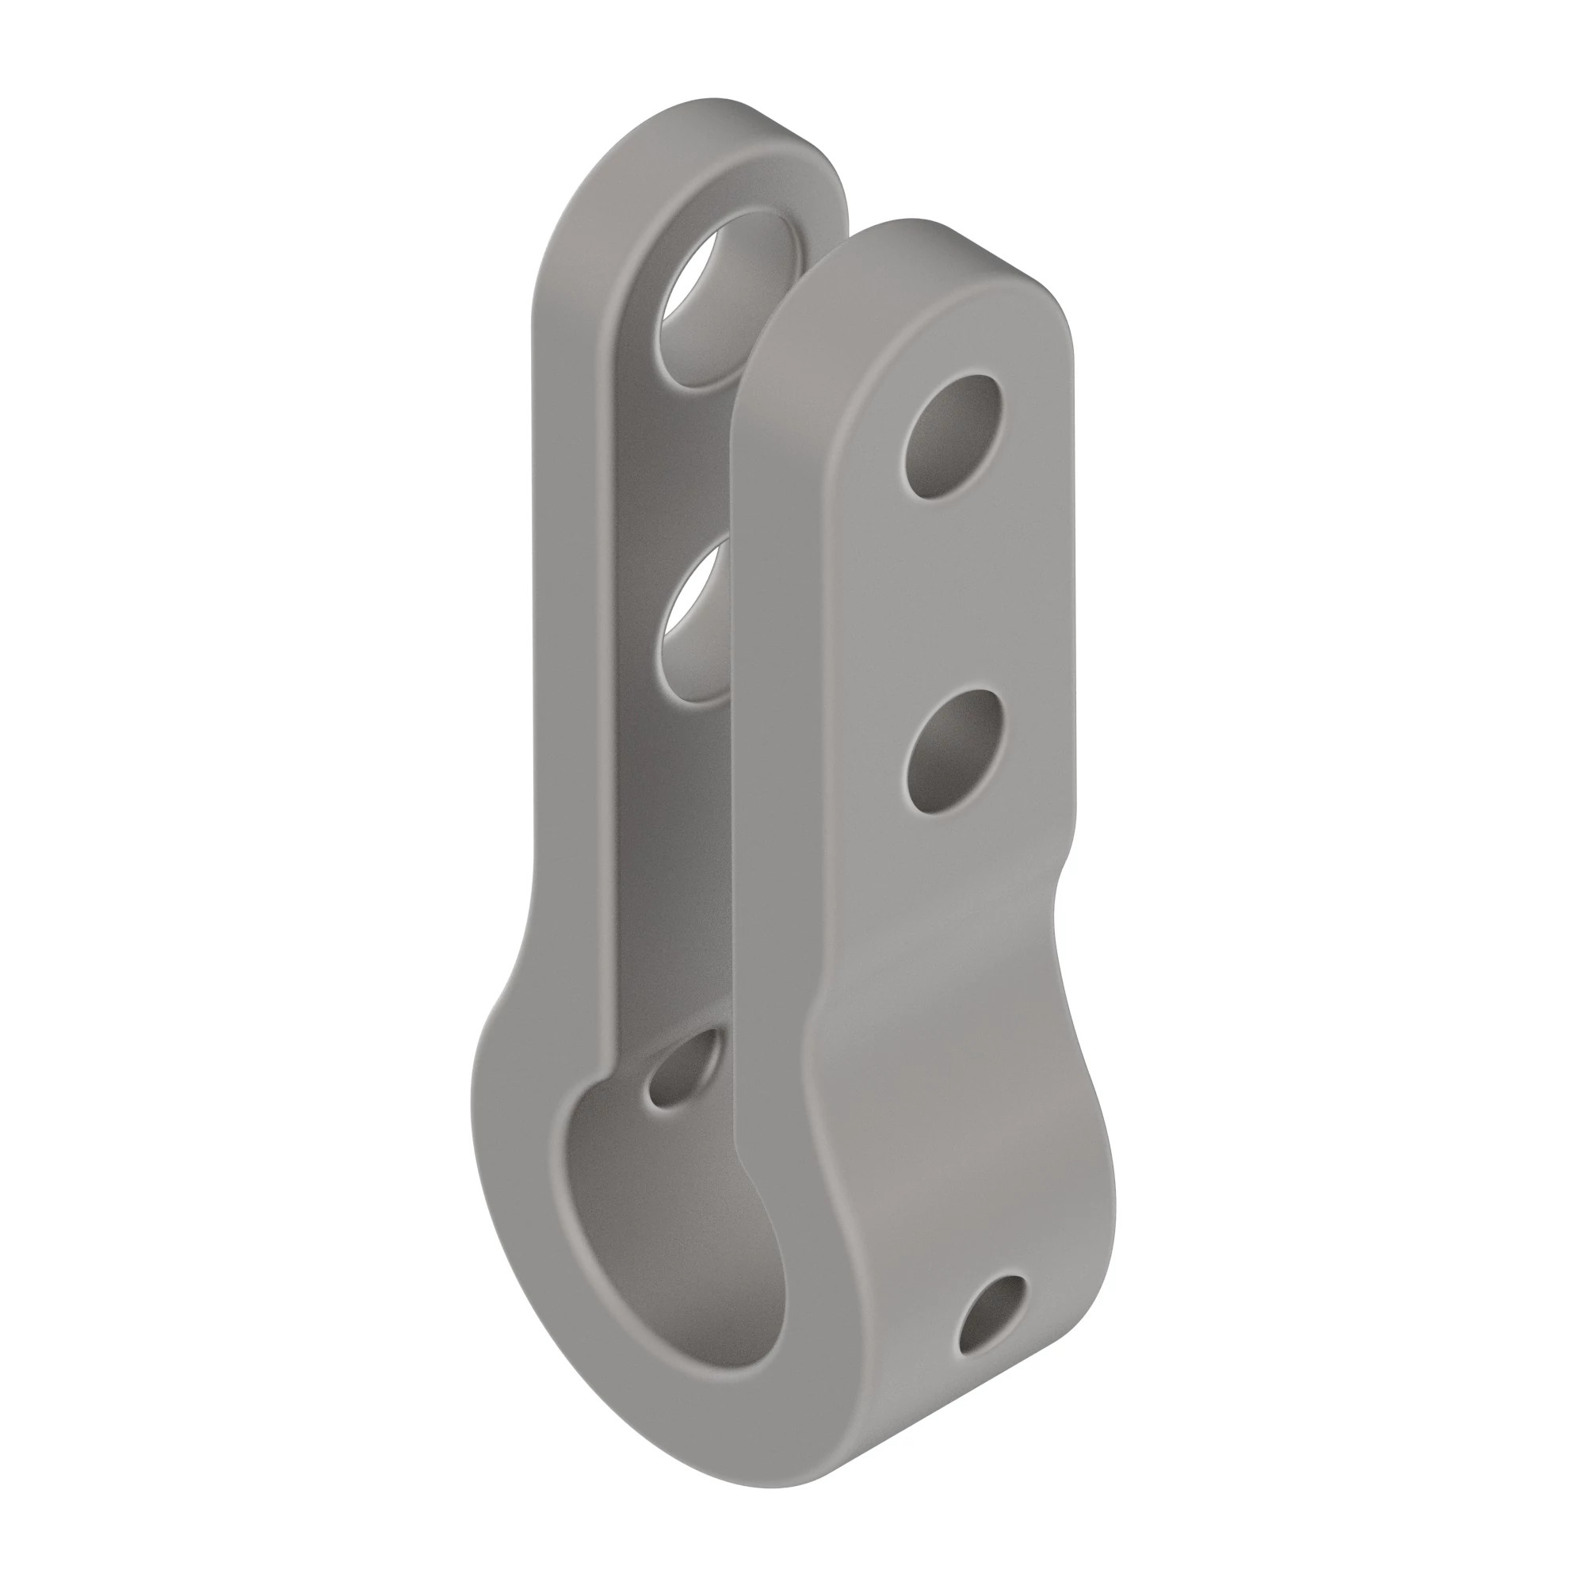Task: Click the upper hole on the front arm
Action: [x=952, y=437]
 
